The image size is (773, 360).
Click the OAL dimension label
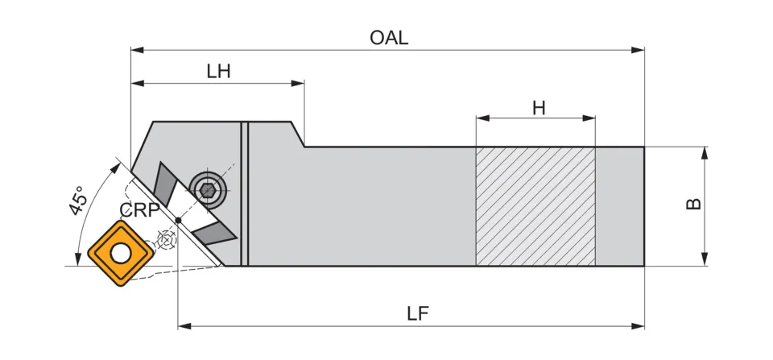[x=389, y=37]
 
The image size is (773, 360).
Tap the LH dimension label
[x=218, y=71]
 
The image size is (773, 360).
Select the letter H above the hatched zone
[x=539, y=107]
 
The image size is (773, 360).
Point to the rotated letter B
[x=693, y=205]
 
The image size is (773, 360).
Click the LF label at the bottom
[x=417, y=314]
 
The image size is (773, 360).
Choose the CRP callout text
[x=138, y=210]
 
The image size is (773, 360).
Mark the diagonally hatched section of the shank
[x=535, y=206]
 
